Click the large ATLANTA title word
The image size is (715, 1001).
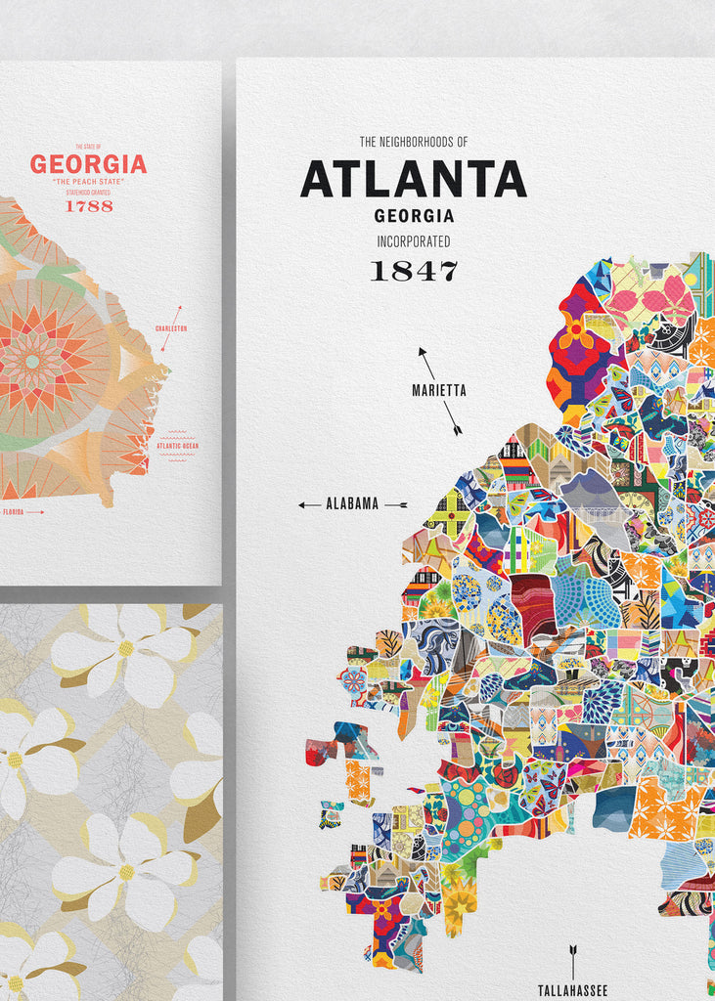[413, 180]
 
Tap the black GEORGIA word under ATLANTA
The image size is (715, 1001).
[414, 216]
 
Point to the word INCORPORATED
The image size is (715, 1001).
[414, 241]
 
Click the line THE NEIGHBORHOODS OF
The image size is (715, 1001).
[414, 142]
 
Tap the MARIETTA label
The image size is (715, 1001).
[439, 391]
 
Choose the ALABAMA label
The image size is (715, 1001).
[351, 504]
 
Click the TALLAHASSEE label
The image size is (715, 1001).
[572, 990]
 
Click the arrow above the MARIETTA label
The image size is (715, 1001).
[426, 358]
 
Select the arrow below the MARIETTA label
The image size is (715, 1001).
[453, 422]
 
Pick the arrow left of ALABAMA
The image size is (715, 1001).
[309, 504]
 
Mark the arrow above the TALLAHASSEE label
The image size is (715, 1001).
[572, 962]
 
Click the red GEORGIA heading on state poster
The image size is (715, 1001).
[88, 164]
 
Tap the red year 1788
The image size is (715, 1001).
[89, 206]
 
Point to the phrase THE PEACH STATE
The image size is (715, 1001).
[89, 182]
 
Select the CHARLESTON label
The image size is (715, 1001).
[170, 328]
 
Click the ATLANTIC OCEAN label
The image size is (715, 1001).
[176, 446]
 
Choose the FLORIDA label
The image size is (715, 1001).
[13, 511]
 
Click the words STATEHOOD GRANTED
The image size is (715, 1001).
[89, 193]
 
